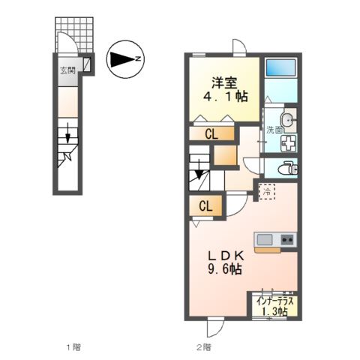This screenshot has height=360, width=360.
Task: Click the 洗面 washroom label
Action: (x=274, y=130)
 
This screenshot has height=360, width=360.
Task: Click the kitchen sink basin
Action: (x=265, y=239)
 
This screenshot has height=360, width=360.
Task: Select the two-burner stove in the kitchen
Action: (x=286, y=239)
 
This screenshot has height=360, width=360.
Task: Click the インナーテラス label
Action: (x=275, y=301)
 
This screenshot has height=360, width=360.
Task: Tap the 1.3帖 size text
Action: (x=275, y=312)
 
